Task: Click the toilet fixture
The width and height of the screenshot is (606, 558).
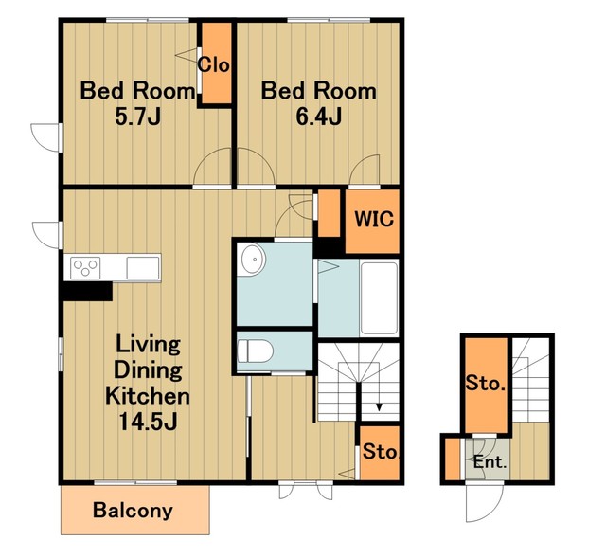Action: [255, 351]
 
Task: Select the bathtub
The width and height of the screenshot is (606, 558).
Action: [379, 297]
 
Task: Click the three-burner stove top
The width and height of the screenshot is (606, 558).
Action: [85, 267]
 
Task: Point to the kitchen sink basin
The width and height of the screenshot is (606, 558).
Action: [143, 267]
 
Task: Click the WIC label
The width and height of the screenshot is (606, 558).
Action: [374, 219]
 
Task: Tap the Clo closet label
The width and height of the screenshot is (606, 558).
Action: [214, 64]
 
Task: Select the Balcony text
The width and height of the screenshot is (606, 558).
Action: [133, 511]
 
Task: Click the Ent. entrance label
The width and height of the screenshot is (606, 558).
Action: [490, 462]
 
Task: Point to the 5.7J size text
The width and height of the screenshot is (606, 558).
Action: [137, 117]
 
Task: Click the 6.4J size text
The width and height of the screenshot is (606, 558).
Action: [319, 117]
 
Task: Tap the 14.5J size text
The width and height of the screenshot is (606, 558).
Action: [148, 422]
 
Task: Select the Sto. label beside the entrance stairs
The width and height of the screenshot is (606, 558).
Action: [486, 384]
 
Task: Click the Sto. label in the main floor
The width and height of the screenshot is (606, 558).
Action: [381, 451]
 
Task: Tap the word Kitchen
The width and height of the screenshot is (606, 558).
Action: [148, 396]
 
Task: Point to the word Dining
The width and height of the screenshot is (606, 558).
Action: [148, 370]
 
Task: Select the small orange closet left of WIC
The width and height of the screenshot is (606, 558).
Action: [329, 213]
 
